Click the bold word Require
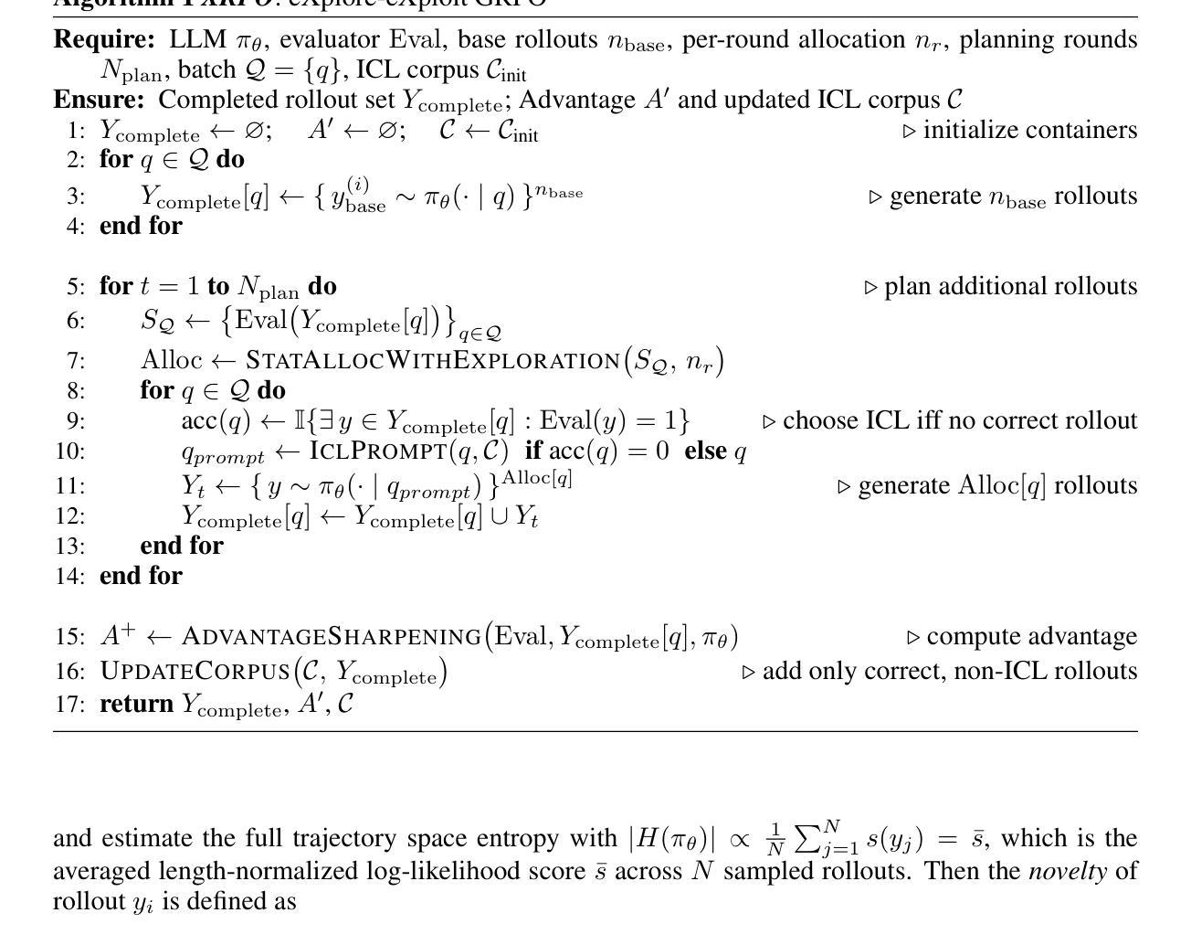point(104,40)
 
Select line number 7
point(76,360)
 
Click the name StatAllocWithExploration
point(433,360)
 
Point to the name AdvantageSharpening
point(332,636)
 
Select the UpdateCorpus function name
point(195,671)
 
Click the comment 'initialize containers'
point(1029,130)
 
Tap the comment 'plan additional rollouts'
point(1010,286)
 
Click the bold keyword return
point(136,704)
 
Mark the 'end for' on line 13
point(181,546)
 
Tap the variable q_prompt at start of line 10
point(223,454)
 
